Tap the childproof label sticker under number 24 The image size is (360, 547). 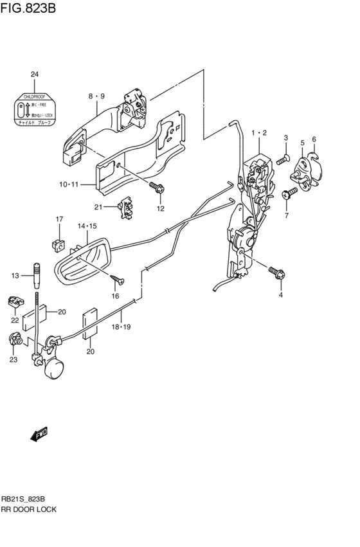tap(35, 109)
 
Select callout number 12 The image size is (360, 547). tap(161, 208)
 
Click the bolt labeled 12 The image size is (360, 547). tap(156, 187)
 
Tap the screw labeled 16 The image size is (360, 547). tap(117, 280)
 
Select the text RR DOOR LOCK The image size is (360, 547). tap(29, 508)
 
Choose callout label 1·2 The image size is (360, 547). tap(259, 132)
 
